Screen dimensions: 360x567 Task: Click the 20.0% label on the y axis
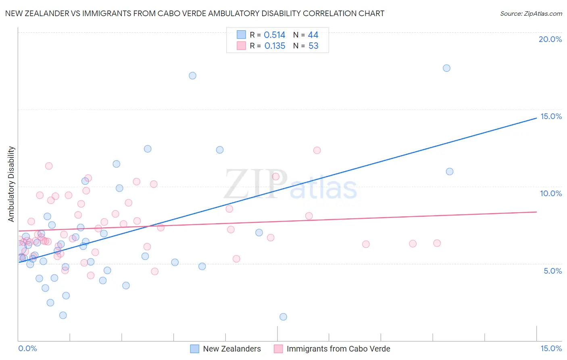point(550,39)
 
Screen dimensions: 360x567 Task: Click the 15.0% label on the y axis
point(551,116)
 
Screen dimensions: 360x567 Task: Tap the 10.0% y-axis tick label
point(551,193)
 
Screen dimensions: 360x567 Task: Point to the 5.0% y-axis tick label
point(552,271)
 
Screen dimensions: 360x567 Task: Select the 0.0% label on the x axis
point(27,348)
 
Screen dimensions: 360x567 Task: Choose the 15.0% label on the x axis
point(551,348)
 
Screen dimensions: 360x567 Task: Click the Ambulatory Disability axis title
point(11,184)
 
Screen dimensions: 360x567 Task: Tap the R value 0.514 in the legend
point(274,35)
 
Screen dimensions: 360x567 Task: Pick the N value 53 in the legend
point(313,46)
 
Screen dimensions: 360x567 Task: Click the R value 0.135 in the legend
point(275,46)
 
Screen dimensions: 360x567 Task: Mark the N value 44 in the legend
point(313,35)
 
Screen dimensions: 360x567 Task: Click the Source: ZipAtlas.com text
point(531,14)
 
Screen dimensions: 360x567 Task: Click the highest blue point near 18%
point(446,68)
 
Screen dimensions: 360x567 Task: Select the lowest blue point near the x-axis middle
point(283,317)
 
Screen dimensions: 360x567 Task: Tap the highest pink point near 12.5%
point(317,151)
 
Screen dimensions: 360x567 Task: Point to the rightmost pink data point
point(437,243)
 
